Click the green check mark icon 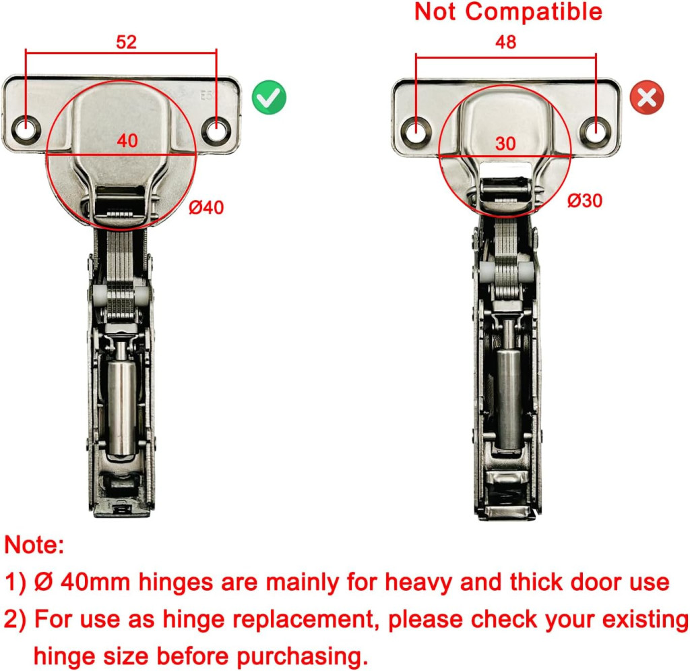(269, 97)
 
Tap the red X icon (646, 97)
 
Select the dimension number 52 (126, 42)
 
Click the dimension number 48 (505, 42)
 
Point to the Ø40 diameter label (206, 208)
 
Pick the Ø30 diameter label (585, 201)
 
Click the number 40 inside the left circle (127, 141)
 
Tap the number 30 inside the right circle (505, 144)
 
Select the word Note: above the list (34, 545)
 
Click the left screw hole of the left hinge (26, 130)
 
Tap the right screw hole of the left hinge (216, 130)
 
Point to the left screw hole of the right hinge (416, 130)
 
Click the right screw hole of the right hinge (596, 130)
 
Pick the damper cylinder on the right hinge (509, 399)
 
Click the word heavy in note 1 (418, 583)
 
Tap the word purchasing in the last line (302, 656)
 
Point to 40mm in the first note (96, 583)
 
